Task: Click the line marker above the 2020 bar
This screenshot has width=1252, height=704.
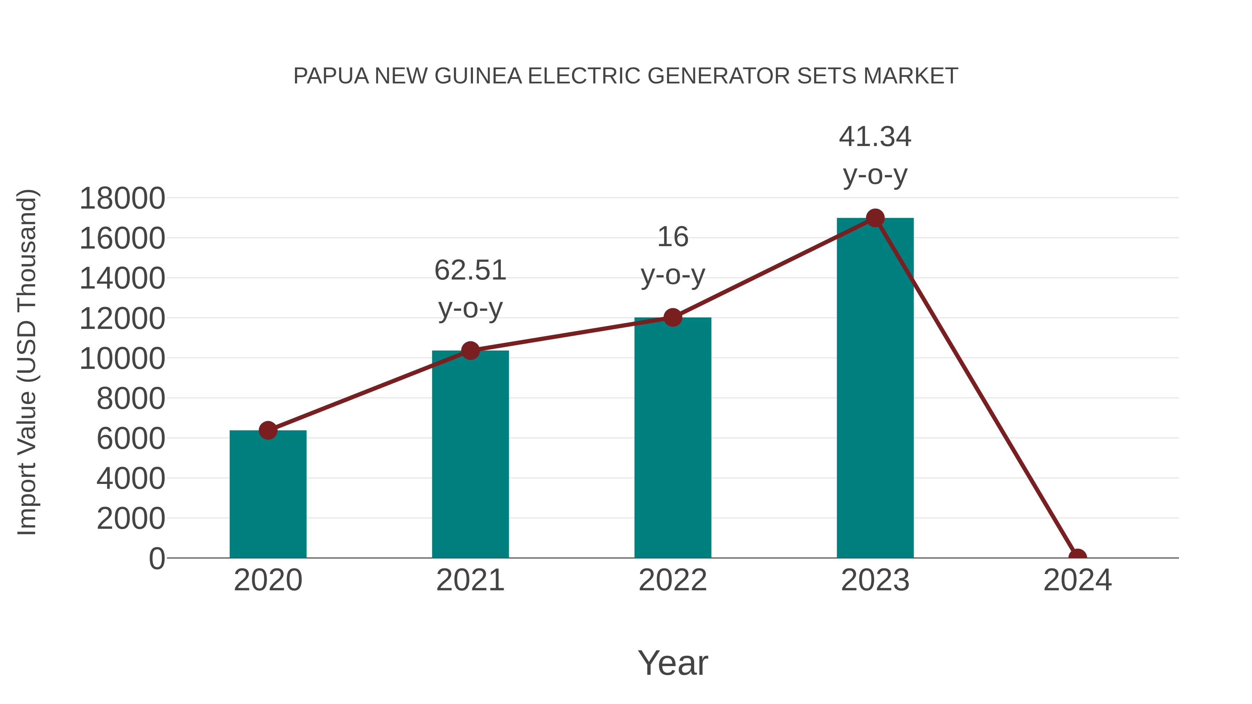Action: pos(268,430)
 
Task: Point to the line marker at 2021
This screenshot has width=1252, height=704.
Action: pos(470,350)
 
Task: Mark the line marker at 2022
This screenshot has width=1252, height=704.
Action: pos(673,317)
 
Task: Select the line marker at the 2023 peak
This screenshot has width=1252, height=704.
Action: pos(875,218)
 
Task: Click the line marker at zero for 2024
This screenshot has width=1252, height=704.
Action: pos(1077,557)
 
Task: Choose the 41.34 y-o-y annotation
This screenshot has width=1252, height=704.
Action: pos(875,155)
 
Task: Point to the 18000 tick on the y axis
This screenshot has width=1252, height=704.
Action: pos(122,198)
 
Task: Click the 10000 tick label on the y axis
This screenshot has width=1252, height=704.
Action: pos(122,358)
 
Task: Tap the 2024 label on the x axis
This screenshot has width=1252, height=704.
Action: pos(1077,580)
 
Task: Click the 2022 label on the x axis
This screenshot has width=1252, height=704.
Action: pos(673,580)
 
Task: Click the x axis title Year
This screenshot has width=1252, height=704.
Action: pos(673,663)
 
